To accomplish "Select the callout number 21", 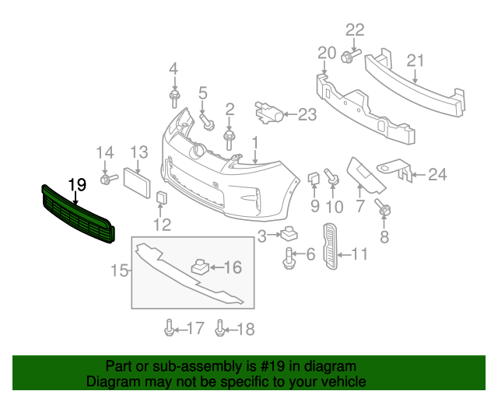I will pyautogui.click(x=416, y=61).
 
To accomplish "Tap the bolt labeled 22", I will pyautogui.click(x=348, y=55).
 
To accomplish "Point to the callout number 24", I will pyautogui.click(x=437, y=174).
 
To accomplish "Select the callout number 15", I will pyautogui.click(x=119, y=271).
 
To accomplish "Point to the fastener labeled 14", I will pyautogui.click(x=105, y=180).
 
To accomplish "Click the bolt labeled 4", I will pyautogui.click(x=174, y=98).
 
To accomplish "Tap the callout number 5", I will pyautogui.click(x=203, y=93).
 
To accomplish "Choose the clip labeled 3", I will pyautogui.click(x=291, y=233).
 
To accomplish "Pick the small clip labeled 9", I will pyautogui.click(x=313, y=180).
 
